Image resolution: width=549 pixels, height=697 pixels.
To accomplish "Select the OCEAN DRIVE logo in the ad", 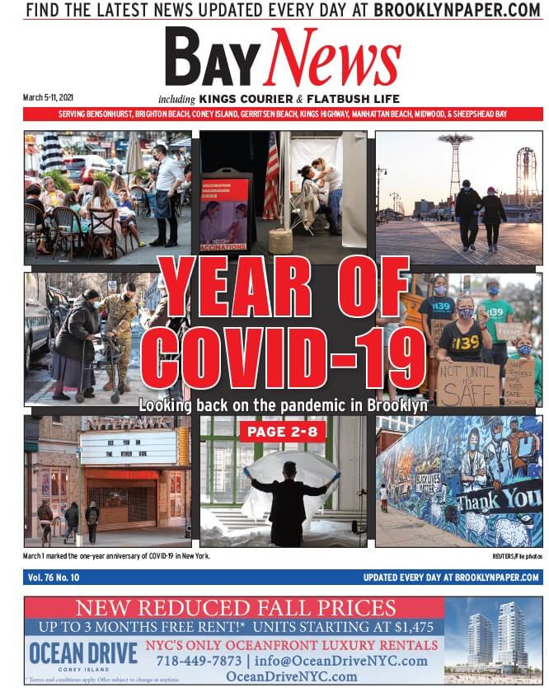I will (x=83, y=653).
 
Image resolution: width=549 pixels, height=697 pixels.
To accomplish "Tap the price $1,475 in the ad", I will (x=406, y=627).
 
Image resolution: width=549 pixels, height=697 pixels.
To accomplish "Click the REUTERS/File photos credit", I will (x=517, y=557).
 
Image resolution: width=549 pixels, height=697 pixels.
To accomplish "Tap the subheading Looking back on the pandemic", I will (x=283, y=405).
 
